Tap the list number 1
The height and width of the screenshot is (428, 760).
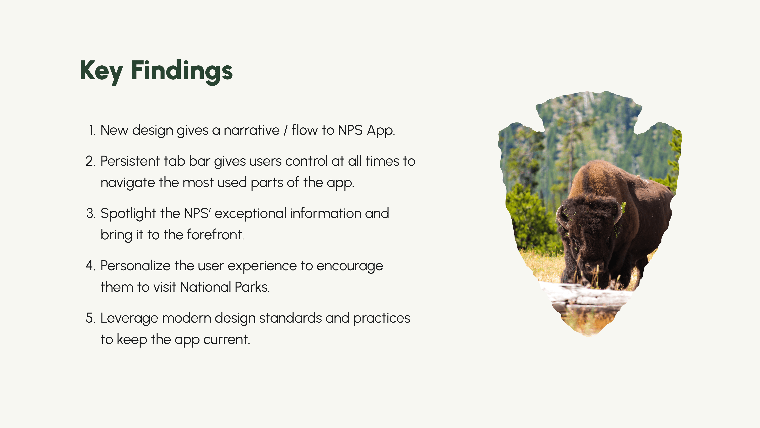click(x=92, y=130)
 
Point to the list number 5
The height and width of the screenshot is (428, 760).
click(x=91, y=318)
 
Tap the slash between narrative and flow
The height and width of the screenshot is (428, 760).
click(x=286, y=130)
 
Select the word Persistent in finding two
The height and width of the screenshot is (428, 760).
click(x=130, y=161)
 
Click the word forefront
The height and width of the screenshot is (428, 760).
click(x=215, y=235)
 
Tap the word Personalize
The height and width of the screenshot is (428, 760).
click(x=135, y=266)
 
